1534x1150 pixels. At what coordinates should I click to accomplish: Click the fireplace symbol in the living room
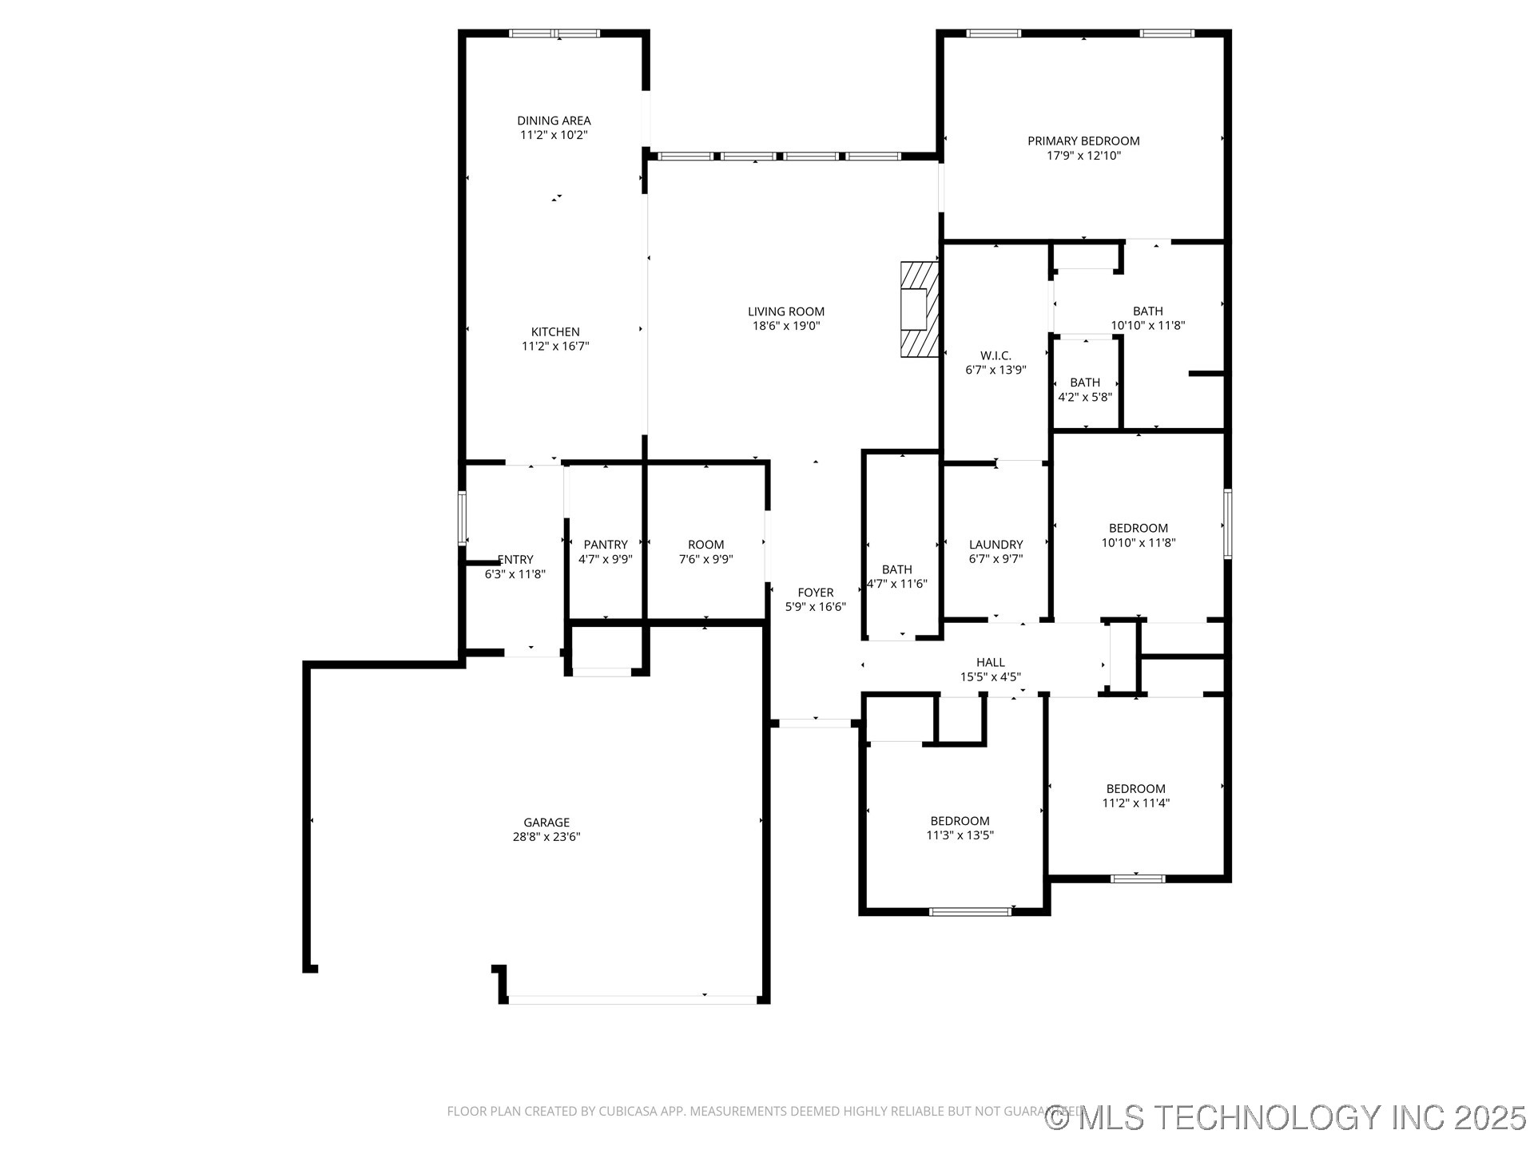click(x=918, y=308)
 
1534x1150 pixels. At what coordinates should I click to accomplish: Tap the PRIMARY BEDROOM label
click(x=1083, y=141)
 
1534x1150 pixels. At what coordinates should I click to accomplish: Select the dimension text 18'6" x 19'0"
click(x=785, y=326)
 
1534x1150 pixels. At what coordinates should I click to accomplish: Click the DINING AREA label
click(x=554, y=121)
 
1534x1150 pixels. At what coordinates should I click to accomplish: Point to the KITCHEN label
click(x=555, y=331)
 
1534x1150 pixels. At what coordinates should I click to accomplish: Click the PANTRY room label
click(x=606, y=545)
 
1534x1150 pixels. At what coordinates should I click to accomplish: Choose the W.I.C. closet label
click(x=996, y=355)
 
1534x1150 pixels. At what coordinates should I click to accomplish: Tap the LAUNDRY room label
click(x=996, y=545)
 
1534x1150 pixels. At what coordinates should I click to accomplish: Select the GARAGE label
click(x=546, y=822)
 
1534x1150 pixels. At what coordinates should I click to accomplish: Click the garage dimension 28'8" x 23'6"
click(x=546, y=837)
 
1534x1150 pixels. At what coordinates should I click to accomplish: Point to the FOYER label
click(x=815, y=593)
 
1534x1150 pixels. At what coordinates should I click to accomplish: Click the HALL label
click(x=990, y=662)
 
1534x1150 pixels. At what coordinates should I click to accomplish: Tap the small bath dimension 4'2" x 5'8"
click(x=1085, y=397)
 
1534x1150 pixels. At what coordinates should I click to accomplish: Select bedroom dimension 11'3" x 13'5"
click(x=960, y=835)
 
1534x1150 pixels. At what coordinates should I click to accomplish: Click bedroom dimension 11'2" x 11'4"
click(x=1135, y=803)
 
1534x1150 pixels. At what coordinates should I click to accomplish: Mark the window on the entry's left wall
click(x=462, y=518)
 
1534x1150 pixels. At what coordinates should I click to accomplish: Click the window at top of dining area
click(x=554, y=34)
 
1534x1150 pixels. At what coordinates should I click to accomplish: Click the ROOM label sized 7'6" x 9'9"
click(x=705, y=545)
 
